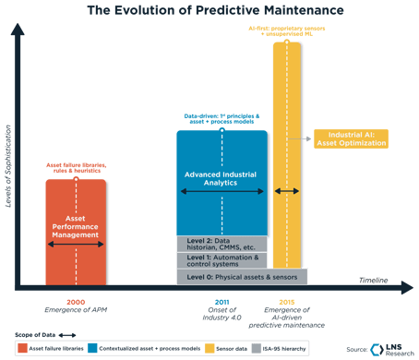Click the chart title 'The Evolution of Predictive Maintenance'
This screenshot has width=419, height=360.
tap(209, 10)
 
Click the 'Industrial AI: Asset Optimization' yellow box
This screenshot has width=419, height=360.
tap(352, 139)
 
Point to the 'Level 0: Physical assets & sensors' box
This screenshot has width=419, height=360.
tap(241, 276)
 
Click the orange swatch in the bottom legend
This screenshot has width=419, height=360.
tap(20, 347)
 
